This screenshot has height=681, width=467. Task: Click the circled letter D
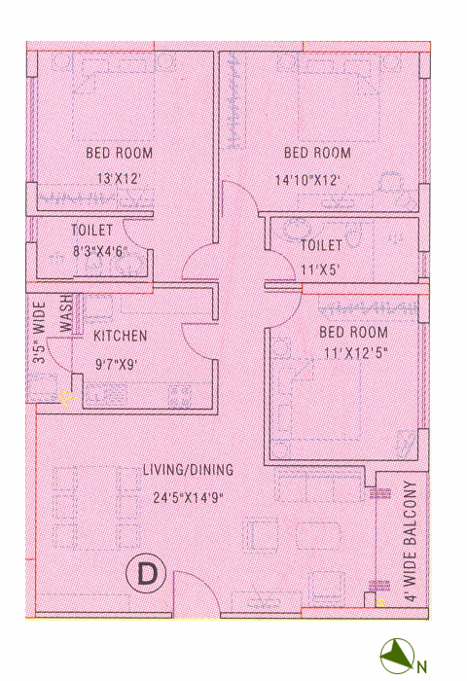[146, 574]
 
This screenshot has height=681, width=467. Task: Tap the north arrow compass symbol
[398, 656]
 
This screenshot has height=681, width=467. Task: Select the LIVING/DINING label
[188, 470]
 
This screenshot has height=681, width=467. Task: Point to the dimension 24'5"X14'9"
[188, 497]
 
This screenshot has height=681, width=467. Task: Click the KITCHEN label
[121, 336]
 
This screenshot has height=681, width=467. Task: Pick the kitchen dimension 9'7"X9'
[116, 364]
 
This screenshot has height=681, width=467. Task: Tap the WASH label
[65, 313]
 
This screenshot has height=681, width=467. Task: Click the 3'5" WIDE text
[39, 333]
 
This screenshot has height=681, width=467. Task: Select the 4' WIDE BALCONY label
[411, 541]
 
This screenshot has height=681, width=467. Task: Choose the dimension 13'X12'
[119, 179]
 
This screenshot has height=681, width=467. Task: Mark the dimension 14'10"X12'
[307, 180]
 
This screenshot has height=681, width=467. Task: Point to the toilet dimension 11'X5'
[320, 270]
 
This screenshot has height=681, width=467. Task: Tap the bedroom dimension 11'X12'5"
[355, 353]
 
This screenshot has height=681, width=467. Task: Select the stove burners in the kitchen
[180, 395]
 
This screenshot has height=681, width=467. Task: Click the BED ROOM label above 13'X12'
[120, 153]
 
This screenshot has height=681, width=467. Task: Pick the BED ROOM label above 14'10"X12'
[317, 153]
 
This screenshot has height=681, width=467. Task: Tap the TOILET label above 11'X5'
[321, 245]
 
